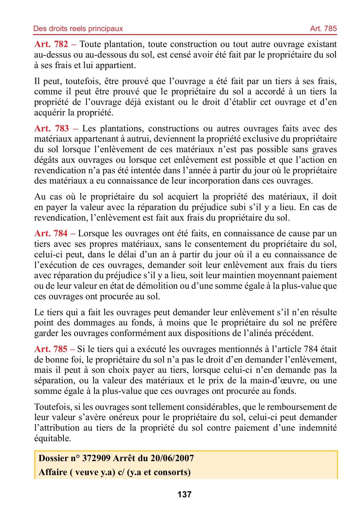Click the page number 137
pos(184,494)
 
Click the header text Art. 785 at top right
pos(323,28)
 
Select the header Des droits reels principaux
pos(78,28)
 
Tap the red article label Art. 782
pos(51,44)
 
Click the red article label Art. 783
pos(52,129)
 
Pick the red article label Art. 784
pos(51,233)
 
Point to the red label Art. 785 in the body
pos(51,349)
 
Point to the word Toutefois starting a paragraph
pos(52,407)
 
